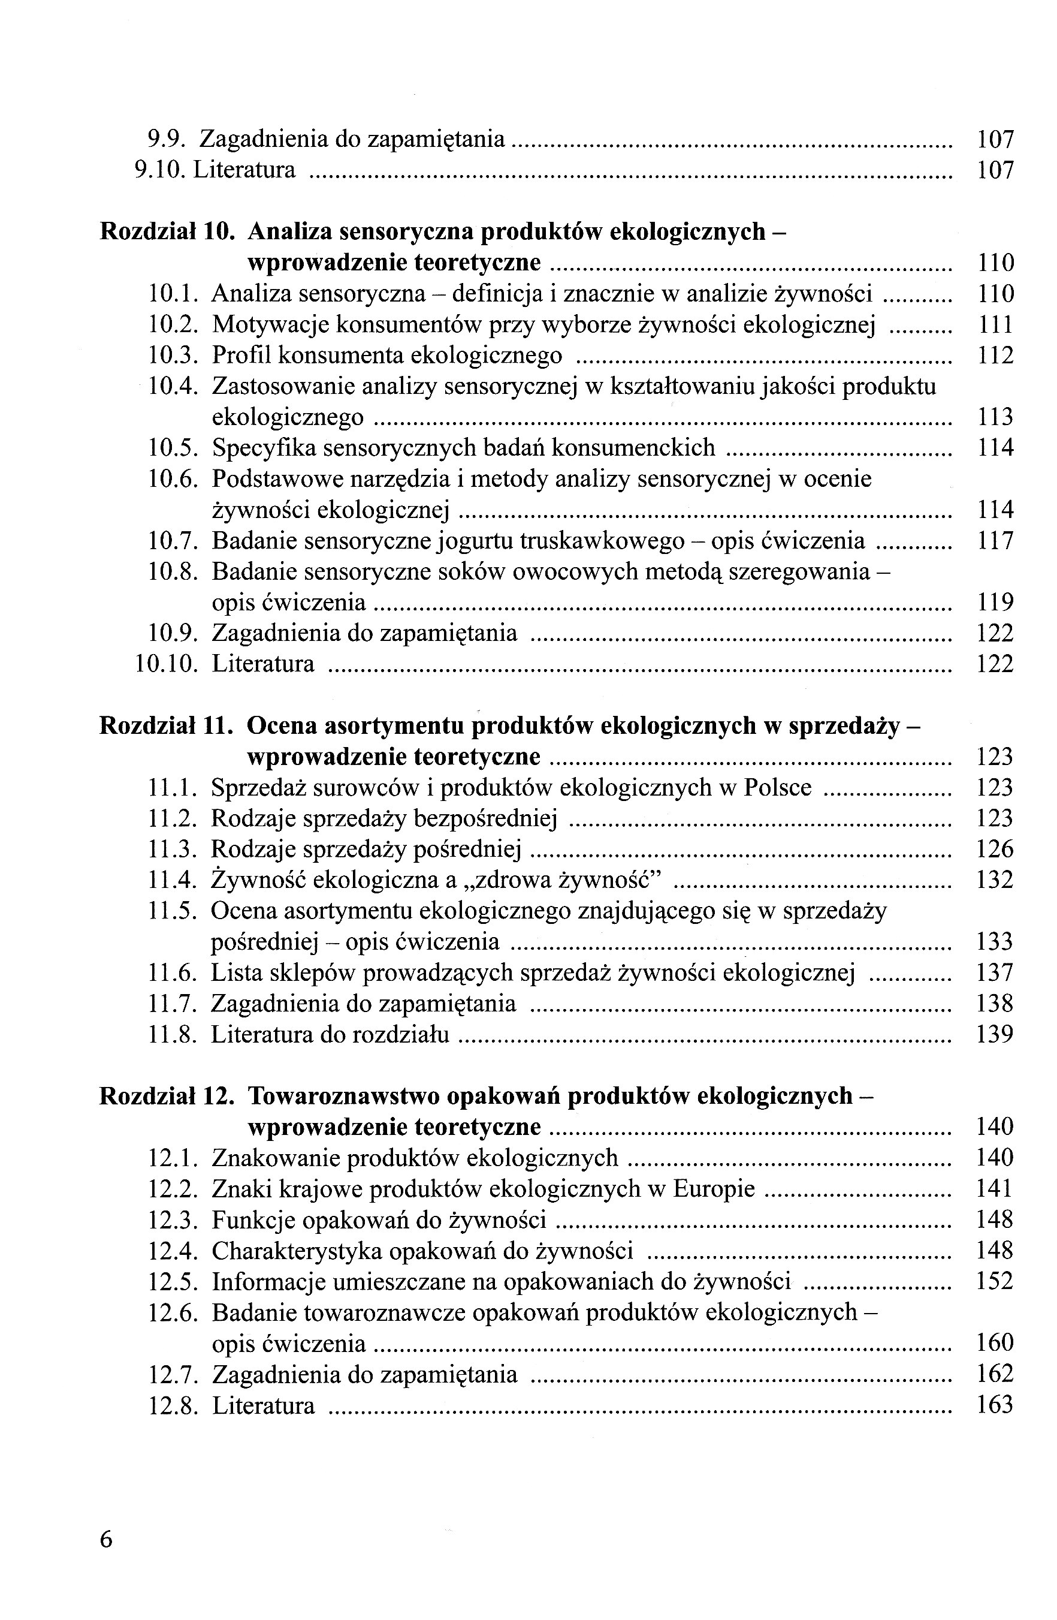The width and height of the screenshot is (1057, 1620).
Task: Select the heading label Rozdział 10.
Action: [x=167, y=232]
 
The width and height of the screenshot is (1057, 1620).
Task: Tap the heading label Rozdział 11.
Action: [x=167, y=726]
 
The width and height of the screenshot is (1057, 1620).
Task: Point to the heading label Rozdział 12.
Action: [x=167, y=1096]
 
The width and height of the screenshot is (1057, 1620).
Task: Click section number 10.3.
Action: [x=173, y=356]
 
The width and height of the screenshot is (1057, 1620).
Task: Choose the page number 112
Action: [x=995, y=356]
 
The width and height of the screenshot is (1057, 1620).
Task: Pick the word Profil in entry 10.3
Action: [x=243, y=356]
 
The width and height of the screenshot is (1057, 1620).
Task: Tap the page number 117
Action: [x=995, y=541]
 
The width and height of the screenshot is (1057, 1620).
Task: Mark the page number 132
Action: [x=995, y=880]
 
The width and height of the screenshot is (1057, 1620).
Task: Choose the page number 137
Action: [x=995, y=973]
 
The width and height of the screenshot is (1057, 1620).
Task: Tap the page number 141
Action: [x=995, y=1189]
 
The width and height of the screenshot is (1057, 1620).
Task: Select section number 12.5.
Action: [x=173, y=1282]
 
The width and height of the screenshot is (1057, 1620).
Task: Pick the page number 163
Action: [x=995, y=1405]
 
